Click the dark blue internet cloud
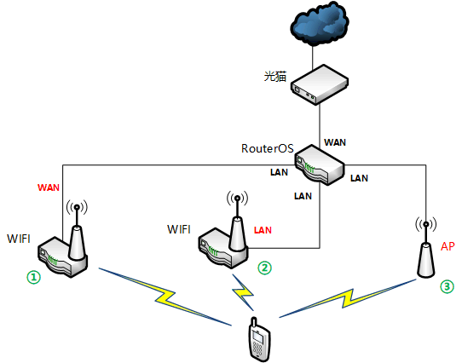click(320, 25)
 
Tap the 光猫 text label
click(275, 77)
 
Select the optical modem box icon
click(320, 84)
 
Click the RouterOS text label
click(268, 148)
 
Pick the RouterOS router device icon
click(320, 164)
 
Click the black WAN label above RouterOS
click(335, 142)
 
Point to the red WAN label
click(49, 187)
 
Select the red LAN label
click(263, 230)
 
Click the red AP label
click(448, 246)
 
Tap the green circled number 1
click(34, 278)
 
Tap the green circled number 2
click(264, 268)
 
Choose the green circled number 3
click(447, 286)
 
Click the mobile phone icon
click(258, 339)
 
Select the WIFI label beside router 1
click(19, 239)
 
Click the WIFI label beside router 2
click(179, 229)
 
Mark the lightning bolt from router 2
click(243, 292)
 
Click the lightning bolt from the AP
click(348, 298)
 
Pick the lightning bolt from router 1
click(165, 297)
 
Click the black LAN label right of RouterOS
click(359, 178)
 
